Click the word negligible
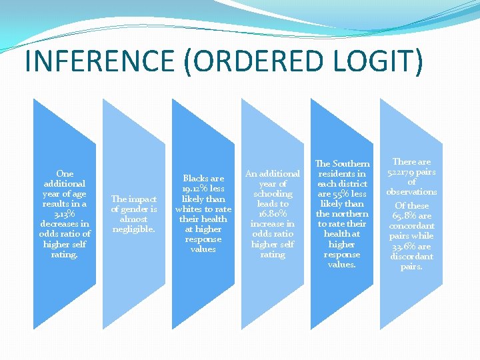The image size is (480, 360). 133,229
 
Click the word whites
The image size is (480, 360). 189,209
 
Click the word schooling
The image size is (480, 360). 273,193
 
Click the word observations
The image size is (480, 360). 412,191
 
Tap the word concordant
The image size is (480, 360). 412,225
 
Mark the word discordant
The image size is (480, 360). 412,256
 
